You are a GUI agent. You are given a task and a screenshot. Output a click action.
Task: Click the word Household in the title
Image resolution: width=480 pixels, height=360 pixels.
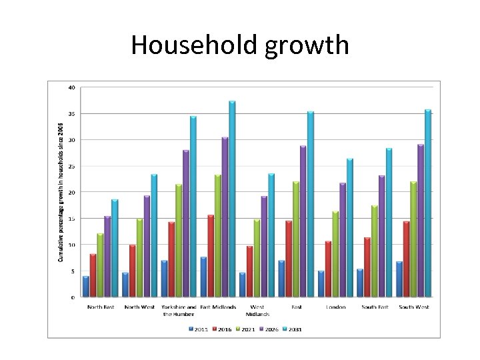click(x=193, y=45)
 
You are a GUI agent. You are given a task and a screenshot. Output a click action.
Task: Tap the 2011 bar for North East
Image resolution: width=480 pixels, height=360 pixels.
click(x=86, y=287)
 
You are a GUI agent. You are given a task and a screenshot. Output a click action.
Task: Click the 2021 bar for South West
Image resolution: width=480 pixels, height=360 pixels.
click(x=413, y=239)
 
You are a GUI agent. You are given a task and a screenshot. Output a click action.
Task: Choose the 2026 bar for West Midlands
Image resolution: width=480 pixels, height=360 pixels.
click(x=264, y=247)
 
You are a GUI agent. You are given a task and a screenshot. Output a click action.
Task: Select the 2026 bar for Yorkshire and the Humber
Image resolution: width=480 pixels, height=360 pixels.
click(x=186, y=223)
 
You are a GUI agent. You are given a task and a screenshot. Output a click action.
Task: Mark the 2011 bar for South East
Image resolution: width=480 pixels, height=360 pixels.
click(x=360, y=283)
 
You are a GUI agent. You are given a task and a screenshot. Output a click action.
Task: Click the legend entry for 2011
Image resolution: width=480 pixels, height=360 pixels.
click(x=199, y=329)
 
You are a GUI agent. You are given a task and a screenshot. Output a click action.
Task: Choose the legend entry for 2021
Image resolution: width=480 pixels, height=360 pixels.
click(x=245, y=329)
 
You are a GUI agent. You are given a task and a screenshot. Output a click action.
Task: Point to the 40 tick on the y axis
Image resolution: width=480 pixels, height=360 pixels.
click(x=71, y=87)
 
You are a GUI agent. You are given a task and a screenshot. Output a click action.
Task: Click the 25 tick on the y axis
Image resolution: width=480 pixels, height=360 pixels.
click(x=71, y=166)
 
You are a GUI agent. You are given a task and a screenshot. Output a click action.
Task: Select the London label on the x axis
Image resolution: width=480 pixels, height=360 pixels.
click(x=336, y=307)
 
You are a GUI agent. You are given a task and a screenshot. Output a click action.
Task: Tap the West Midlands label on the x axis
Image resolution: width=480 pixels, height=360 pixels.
click(x=257, y=311)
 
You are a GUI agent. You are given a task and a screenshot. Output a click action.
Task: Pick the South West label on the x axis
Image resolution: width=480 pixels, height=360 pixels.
click(x=414, y=307)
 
